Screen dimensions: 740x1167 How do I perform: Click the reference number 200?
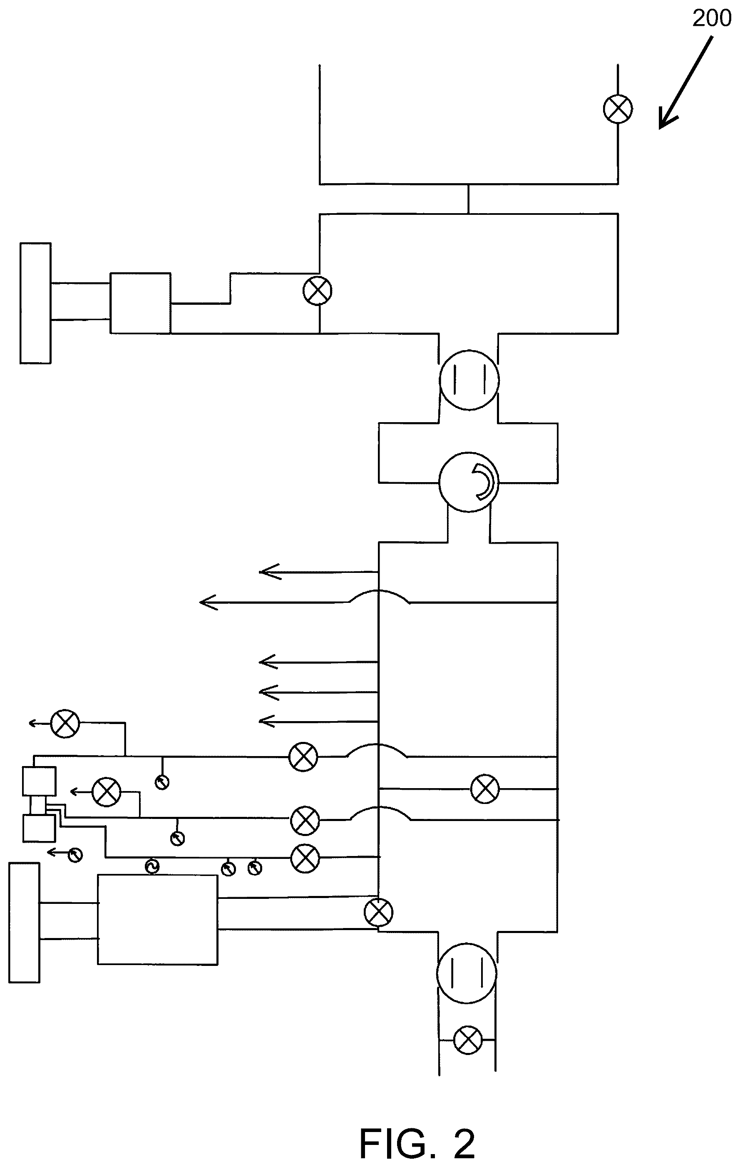click(x=711, y=18)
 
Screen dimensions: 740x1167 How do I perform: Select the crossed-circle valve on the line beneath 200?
click(x=618, y=109)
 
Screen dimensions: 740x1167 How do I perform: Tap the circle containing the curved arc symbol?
click(x=469, y=482)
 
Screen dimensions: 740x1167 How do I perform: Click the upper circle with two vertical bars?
click(x=469, y=379)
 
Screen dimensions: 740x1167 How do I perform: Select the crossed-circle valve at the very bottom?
click(x=468, y=1040)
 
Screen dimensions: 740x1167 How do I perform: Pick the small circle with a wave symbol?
click(x=152, y=866)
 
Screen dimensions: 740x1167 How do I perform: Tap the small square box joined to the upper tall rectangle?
click(x=140, y=303)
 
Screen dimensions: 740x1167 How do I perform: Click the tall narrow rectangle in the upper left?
click(x=35, y=304)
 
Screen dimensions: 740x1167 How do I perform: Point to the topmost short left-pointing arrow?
click(x=318, y=572)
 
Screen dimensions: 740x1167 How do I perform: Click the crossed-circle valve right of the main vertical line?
click(x=484, y=789)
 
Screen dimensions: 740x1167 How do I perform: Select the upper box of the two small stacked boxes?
click(x=39, y=781)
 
